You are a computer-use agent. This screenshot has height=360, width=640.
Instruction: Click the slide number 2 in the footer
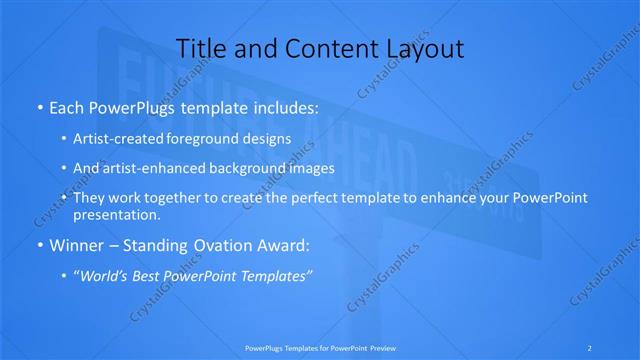point(590,347)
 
